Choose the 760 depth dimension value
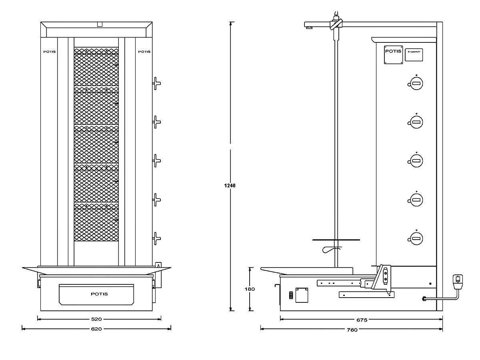coord(352,330)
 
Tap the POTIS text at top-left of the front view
coord(50,52)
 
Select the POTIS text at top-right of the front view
coord(144,52)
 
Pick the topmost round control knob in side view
coord(416,84)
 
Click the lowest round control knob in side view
coord(416,239)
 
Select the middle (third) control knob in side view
coord(416,161)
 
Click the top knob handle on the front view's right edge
coord(156,83)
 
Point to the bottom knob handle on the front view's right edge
coord(156,239)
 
